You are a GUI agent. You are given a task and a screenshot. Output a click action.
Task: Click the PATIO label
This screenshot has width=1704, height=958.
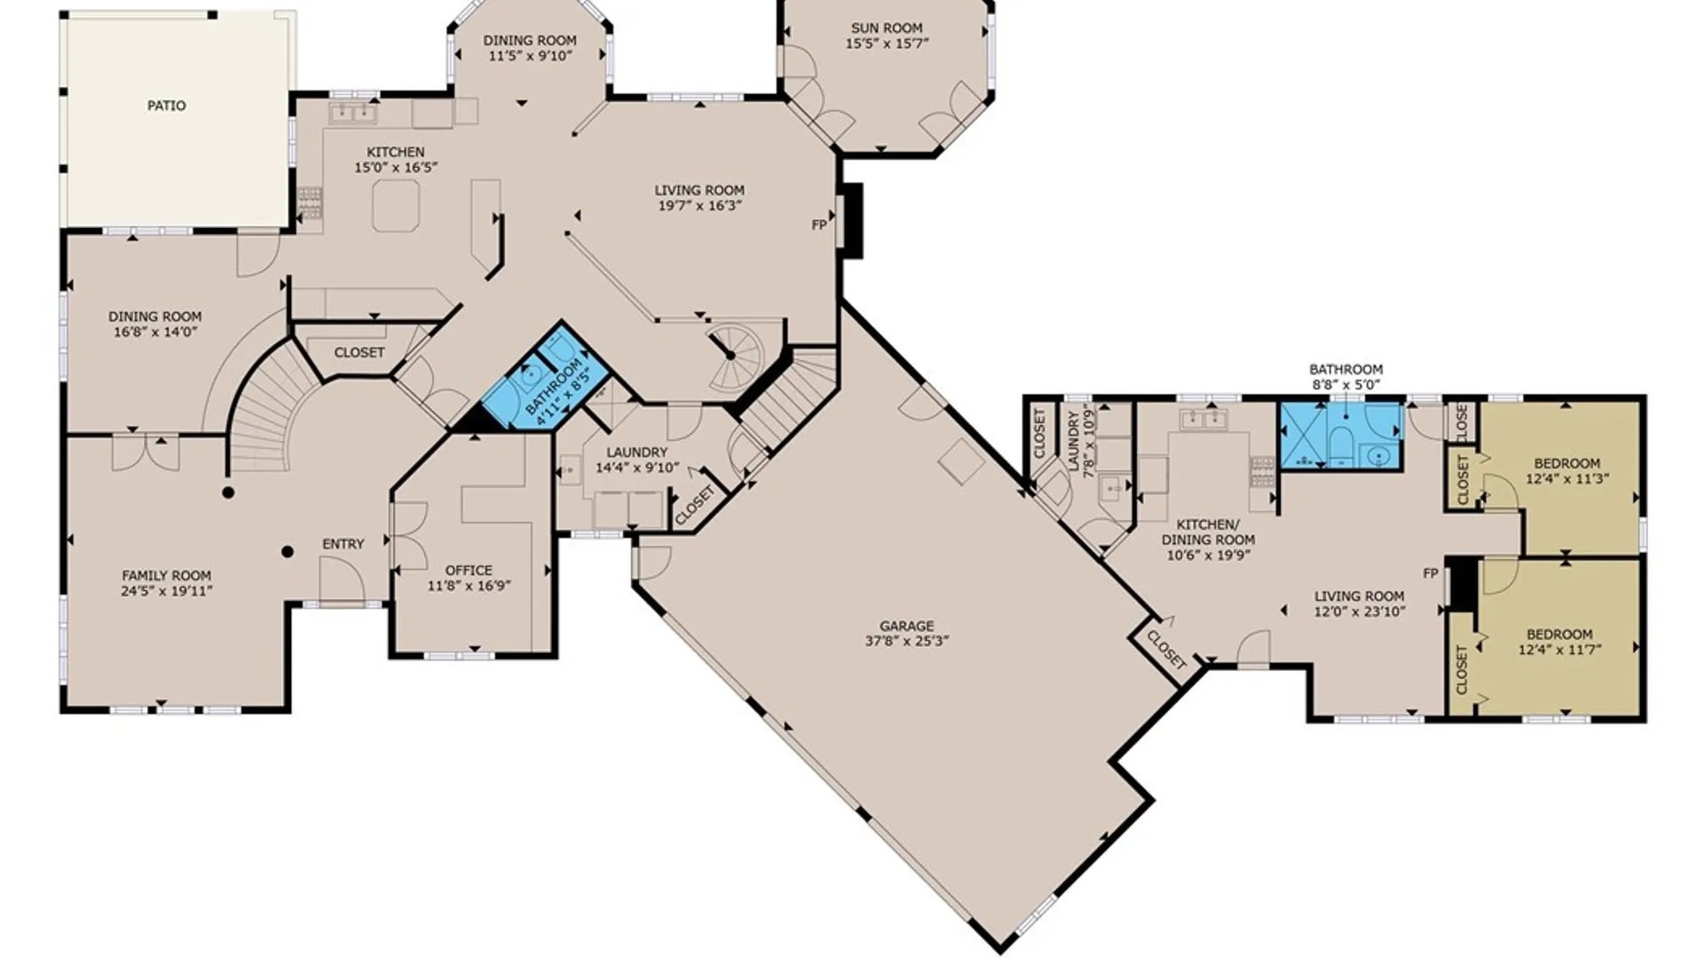point(167,106)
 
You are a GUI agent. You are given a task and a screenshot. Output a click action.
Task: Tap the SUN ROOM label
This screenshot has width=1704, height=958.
point(887,27)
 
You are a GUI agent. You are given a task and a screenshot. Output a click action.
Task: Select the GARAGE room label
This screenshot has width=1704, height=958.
point(907,626)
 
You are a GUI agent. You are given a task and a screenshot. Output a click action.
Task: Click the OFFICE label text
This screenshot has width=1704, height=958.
point(469,570)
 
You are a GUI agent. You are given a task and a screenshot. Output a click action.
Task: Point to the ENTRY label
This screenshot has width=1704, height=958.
point(343,544)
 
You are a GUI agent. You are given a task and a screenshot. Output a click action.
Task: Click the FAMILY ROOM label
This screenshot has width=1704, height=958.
point(167,575)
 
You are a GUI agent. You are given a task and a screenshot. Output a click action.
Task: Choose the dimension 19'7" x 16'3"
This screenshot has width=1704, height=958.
point(699,206)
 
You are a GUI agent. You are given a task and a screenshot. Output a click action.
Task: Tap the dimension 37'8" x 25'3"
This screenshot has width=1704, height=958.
point(907,641)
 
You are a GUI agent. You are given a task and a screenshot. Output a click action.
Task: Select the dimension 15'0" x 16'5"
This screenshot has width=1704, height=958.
point(396,167)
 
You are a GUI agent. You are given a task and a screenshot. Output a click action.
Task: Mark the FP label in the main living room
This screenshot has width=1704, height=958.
point(819,225)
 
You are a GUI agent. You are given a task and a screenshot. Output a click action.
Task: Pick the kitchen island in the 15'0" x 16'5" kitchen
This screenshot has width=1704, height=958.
point(396,206)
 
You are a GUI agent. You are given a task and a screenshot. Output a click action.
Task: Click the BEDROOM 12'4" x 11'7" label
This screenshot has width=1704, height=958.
point(1559,641)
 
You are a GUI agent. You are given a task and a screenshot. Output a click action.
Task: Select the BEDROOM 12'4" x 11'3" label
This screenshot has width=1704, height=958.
point(1567,470)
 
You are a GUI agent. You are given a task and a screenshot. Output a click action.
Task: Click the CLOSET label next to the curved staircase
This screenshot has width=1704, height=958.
point(359,352)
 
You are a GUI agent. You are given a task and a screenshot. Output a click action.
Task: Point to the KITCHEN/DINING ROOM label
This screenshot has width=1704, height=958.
point(1208,532)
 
